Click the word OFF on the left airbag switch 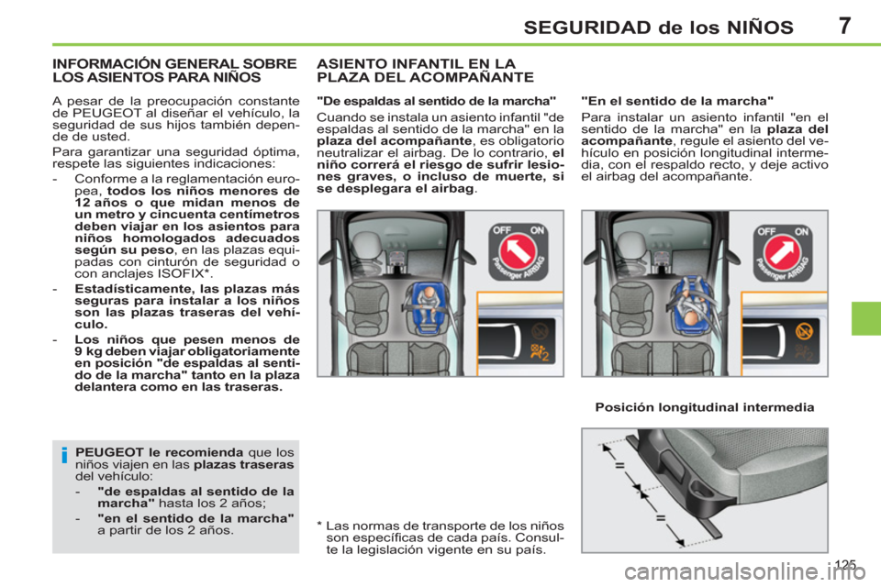pyautogui.click(x=501, y=231)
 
